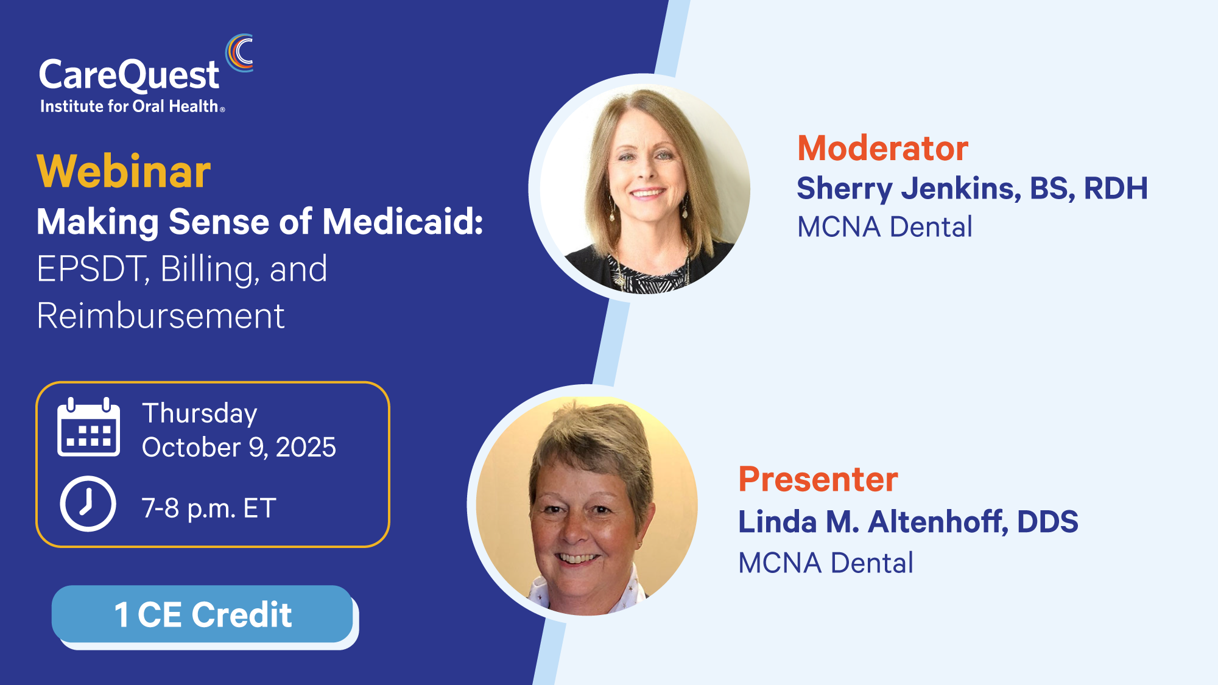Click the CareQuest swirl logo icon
coord(239,53)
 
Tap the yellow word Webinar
coord(124,172)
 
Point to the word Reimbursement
coord(161,315)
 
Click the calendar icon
coord(88,427)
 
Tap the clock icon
coord(88,504)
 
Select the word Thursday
coord(200,414)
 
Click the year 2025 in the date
coord(306,448)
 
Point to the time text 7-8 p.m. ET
coord(209,508)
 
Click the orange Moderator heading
coord(883,148)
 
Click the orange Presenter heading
coord(818,479)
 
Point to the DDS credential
coord(1047,522)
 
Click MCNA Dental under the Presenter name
coord(826,563)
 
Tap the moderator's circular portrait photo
coord(644,189)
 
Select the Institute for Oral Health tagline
coord(132,107)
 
